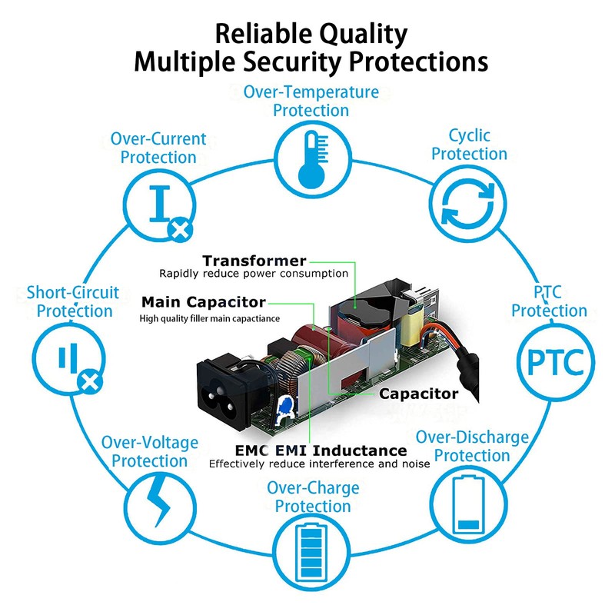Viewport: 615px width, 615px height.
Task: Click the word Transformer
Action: pos(254,261)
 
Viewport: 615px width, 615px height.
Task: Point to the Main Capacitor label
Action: pos(204,302)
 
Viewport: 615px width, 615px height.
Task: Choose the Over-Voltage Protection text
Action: pos(150,452)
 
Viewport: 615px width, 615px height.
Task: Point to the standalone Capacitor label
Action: pos(418,394)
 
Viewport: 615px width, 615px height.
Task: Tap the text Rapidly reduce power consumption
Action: pos(253,274)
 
